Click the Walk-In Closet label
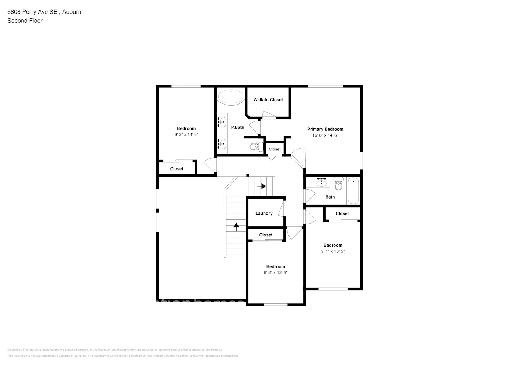coord(268,100)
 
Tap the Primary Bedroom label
coord(325,129)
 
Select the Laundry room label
coord(264,214)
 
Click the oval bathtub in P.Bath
coord(231,97)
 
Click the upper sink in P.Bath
coord(222,122)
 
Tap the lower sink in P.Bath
coord(222,143)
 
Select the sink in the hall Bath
coord(322,182)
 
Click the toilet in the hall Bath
coord(338,183)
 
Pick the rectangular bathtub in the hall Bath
coord(353,190)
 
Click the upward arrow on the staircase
coord(236,227)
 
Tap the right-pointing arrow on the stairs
coord(261,186)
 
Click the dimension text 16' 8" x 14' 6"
coord(325,135)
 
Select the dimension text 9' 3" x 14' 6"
coord(186,135)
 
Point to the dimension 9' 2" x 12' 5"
coord(275,273)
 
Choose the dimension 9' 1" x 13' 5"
coord(333,251)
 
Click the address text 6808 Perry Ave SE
coord(32,12)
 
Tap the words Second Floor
coord(25,21)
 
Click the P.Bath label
coord(237,127)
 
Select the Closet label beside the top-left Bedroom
coord(177,169)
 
